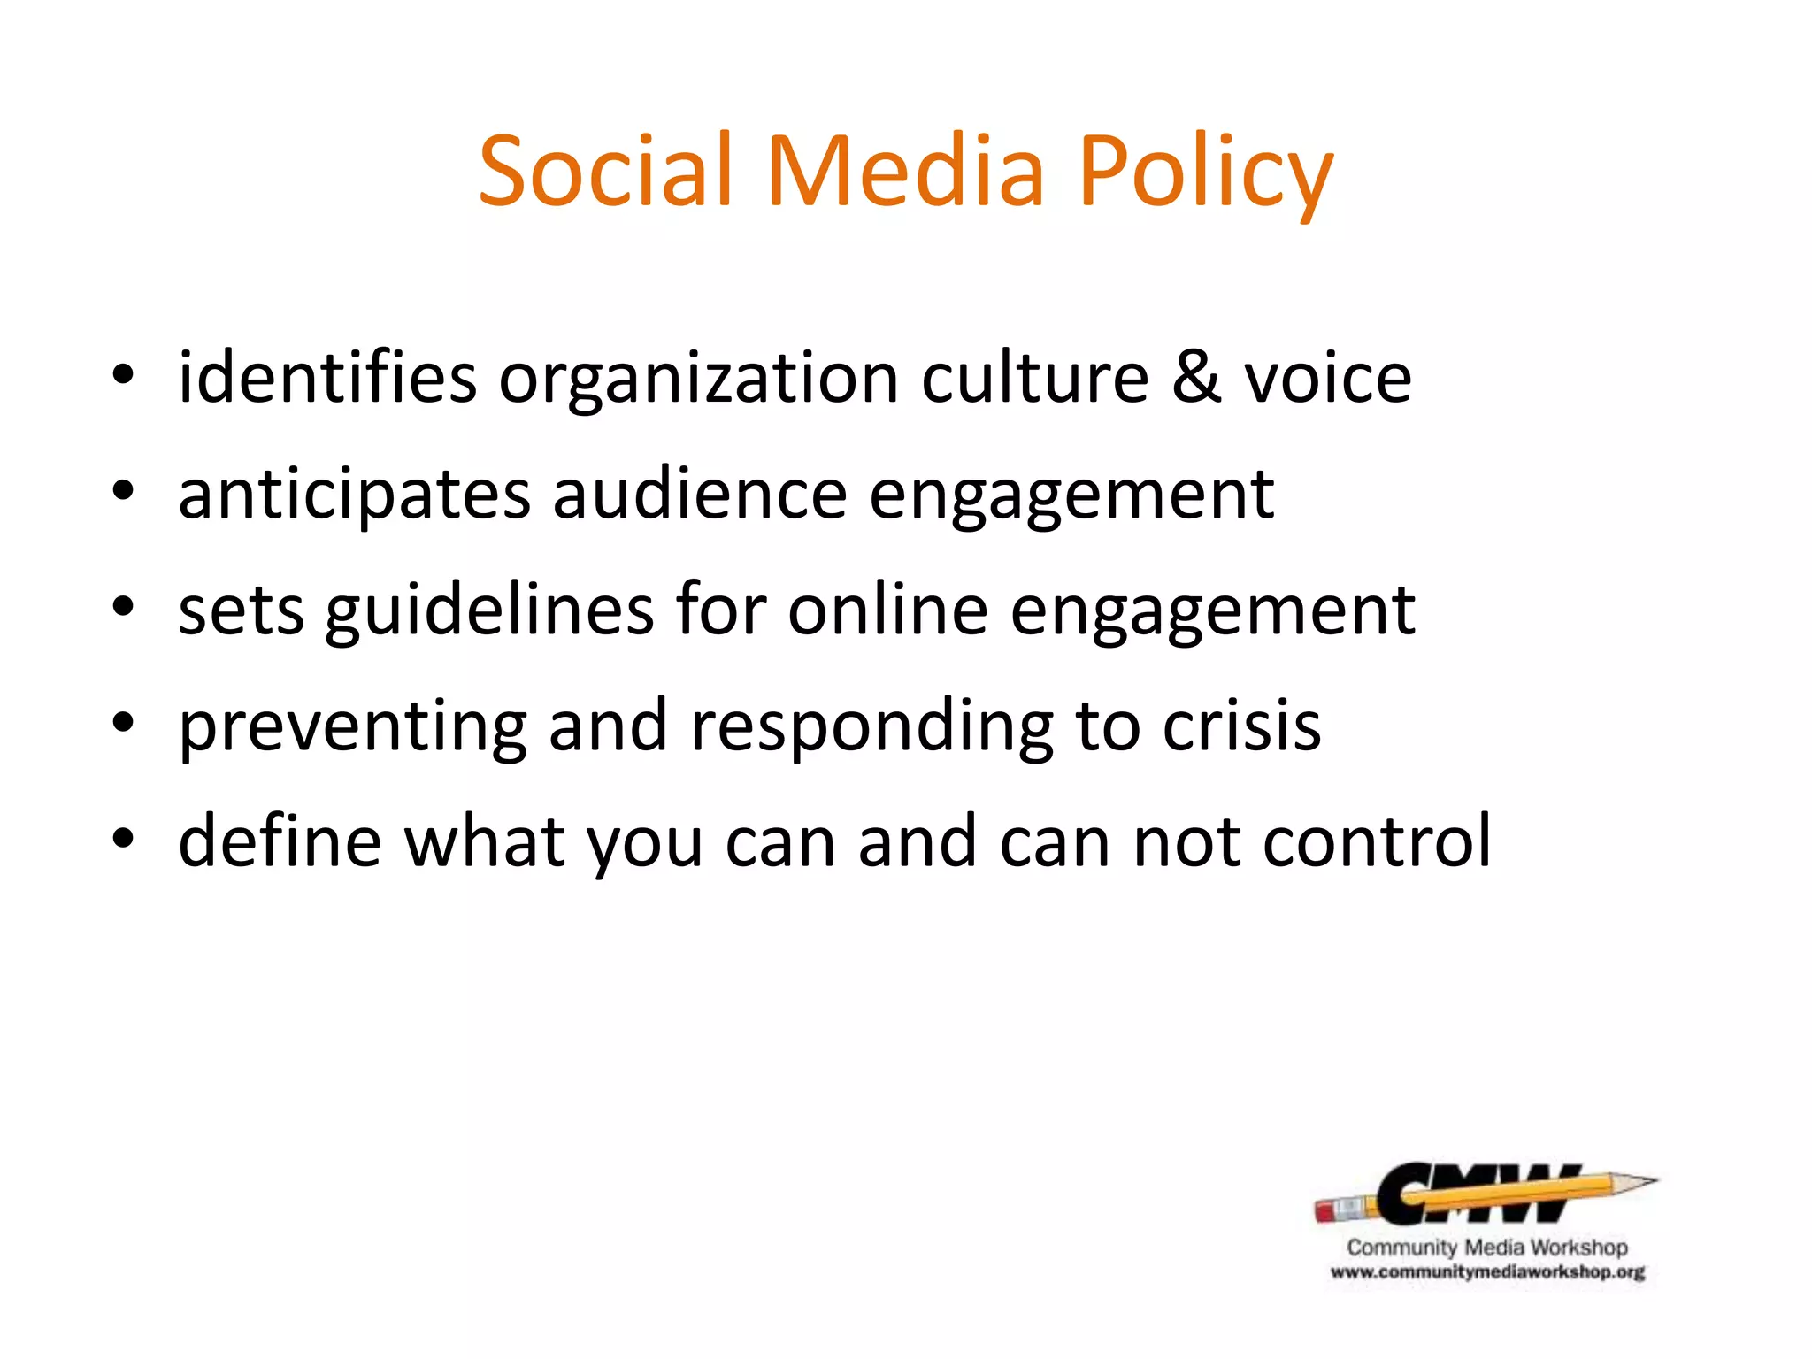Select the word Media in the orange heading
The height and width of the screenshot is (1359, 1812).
(x=905, y=170)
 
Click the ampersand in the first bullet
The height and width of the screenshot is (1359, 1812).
(x=1197, y=378)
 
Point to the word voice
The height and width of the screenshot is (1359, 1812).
(x=1328, y=378)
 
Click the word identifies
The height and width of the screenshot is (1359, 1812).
(x=327, y=378)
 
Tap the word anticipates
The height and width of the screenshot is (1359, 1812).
(x=355, y=495)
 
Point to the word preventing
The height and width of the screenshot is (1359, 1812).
(x=353, y=728)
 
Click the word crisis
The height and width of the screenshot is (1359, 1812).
(x=1241, y=726)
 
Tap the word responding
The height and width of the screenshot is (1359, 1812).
(x=871, y=728)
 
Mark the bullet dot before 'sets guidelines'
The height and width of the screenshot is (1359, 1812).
(x=123, y=608)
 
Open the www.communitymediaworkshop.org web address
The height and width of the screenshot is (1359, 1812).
(x=1487, y=1273)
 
